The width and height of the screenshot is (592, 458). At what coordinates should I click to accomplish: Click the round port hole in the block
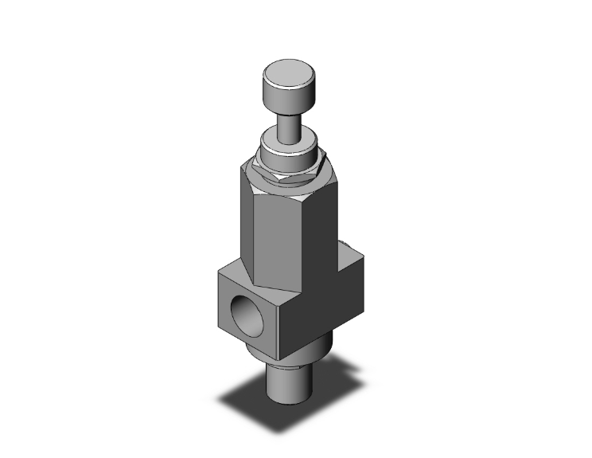pos(243,307)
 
